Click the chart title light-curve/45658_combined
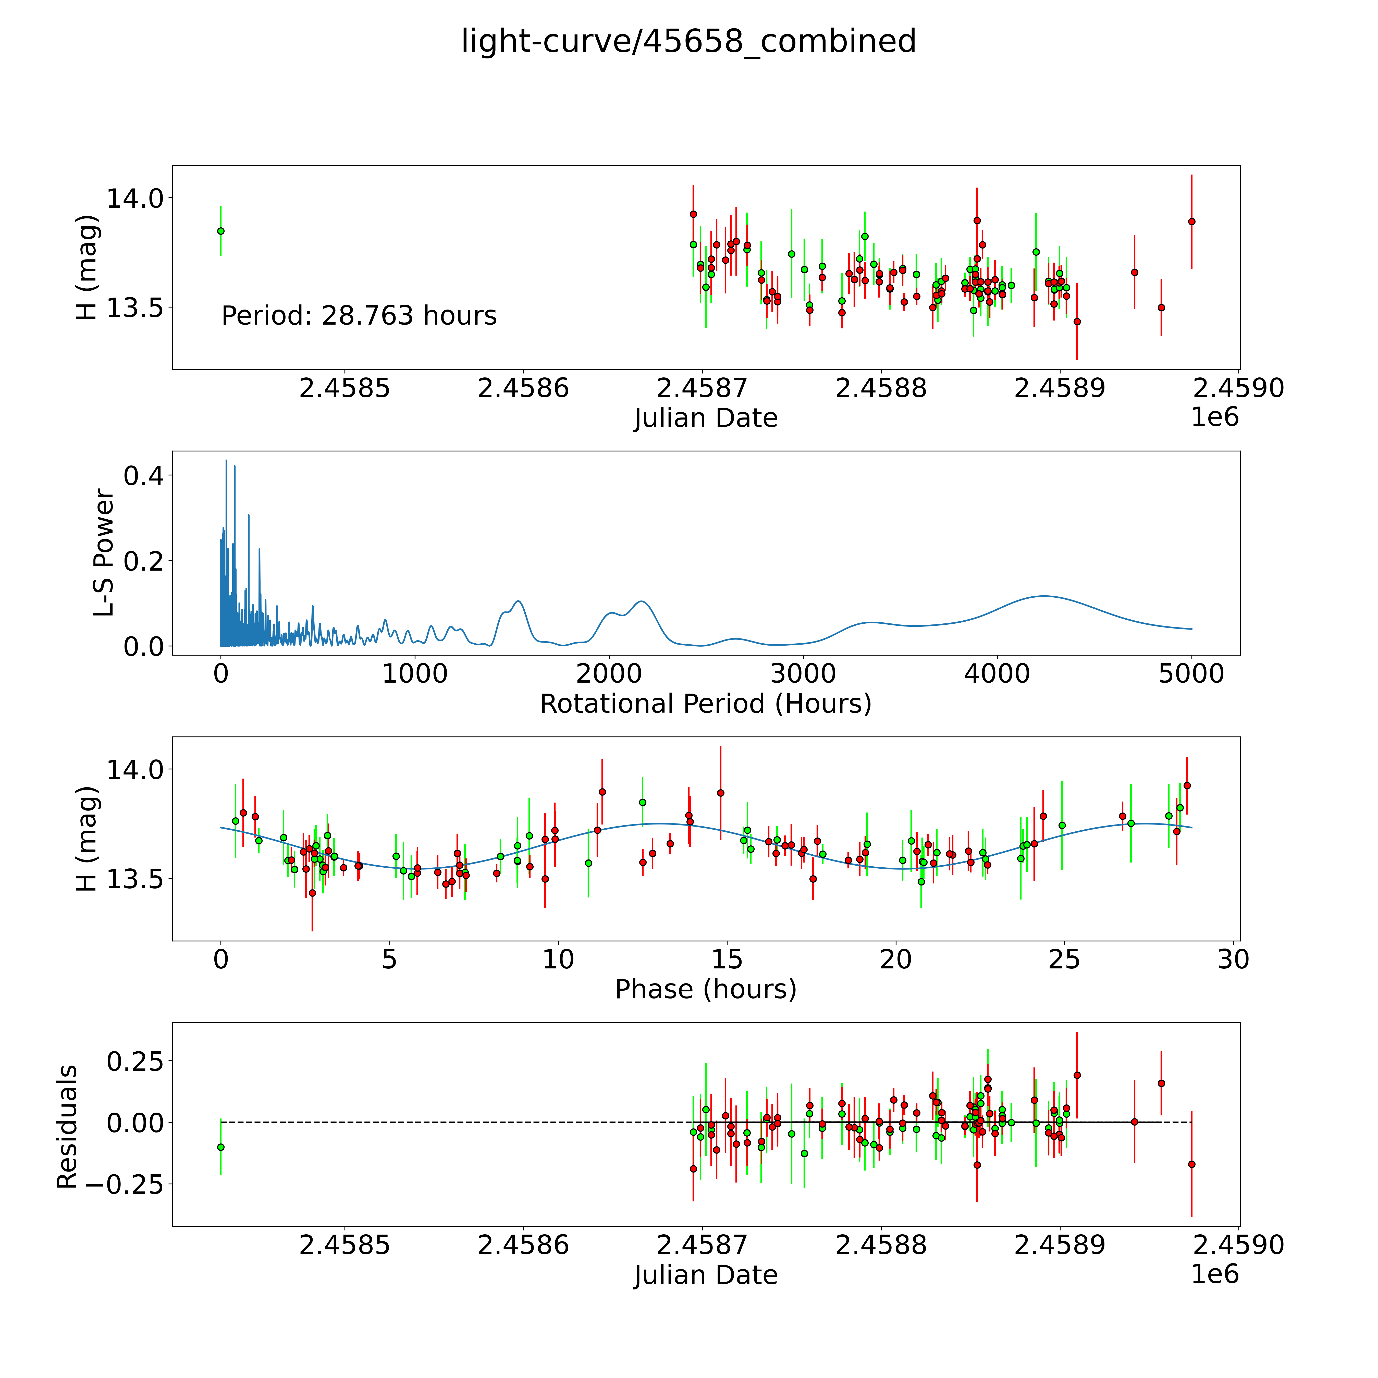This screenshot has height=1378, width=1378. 688,41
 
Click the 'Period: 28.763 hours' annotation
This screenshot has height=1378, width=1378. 359,315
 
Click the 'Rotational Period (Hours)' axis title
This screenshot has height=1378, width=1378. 705,704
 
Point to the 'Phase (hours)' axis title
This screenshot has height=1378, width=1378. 705,989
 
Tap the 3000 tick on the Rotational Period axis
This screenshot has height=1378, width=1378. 803,674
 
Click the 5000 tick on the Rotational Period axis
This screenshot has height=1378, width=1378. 1191,674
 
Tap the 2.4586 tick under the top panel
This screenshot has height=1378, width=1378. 524,389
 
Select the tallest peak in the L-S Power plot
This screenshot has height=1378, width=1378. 226,461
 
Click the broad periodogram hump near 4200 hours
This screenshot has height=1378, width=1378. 1043,596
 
